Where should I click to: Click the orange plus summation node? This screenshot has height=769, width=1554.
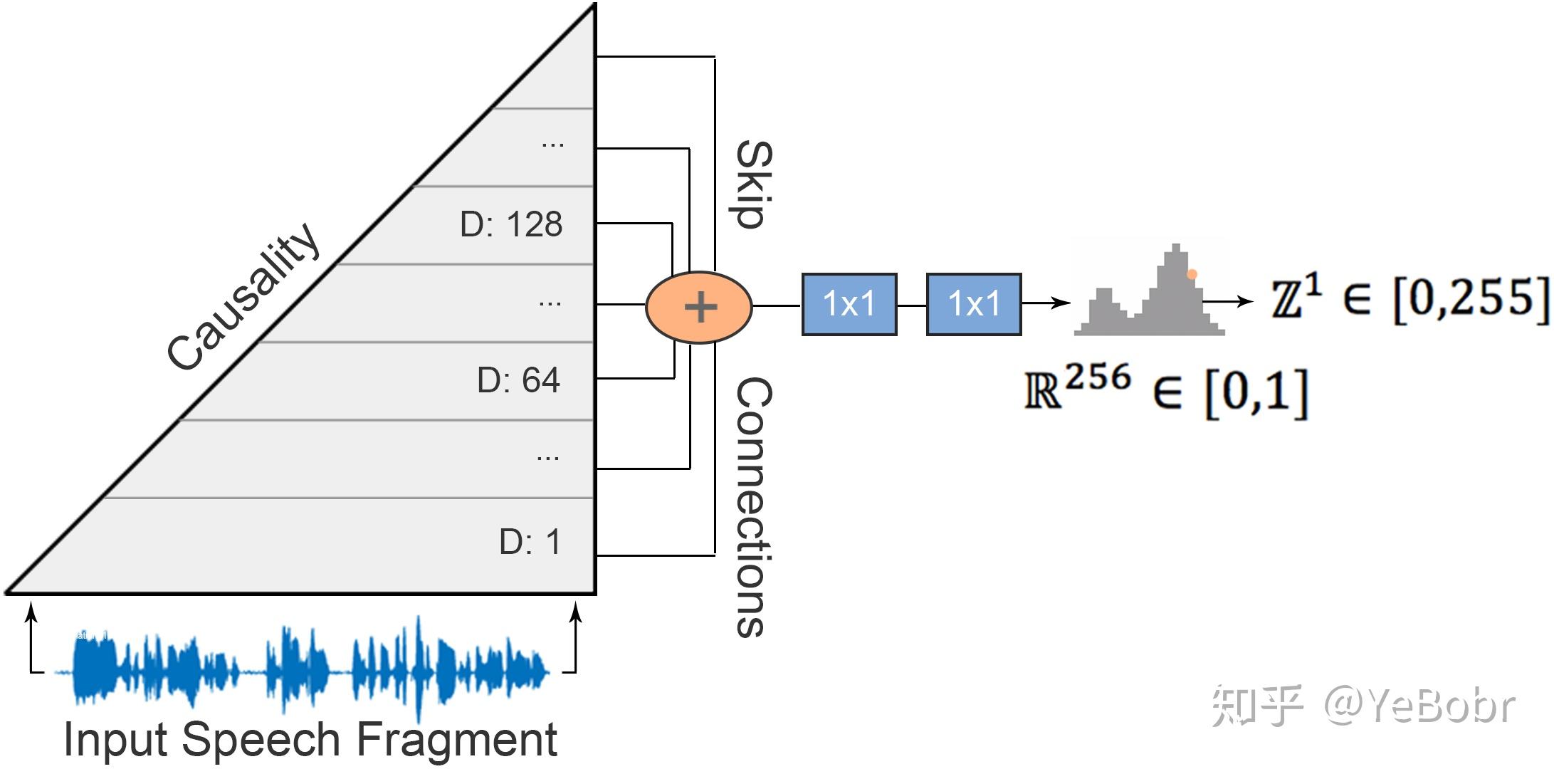point(698,308)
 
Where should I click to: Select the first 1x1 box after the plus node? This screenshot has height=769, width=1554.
point(849,304)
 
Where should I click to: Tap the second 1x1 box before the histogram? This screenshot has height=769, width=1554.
point(973,304)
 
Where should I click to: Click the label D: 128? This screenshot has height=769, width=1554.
point(511,224)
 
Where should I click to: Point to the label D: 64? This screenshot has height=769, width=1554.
point(518,380)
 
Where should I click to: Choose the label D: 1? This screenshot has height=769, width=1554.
point(530,542)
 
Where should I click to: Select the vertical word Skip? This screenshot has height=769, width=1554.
point(753,184)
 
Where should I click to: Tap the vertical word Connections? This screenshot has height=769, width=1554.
point(753,506)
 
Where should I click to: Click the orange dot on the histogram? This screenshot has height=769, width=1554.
point(1192,274)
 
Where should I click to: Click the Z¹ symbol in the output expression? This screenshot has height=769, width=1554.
point(1296,298)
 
